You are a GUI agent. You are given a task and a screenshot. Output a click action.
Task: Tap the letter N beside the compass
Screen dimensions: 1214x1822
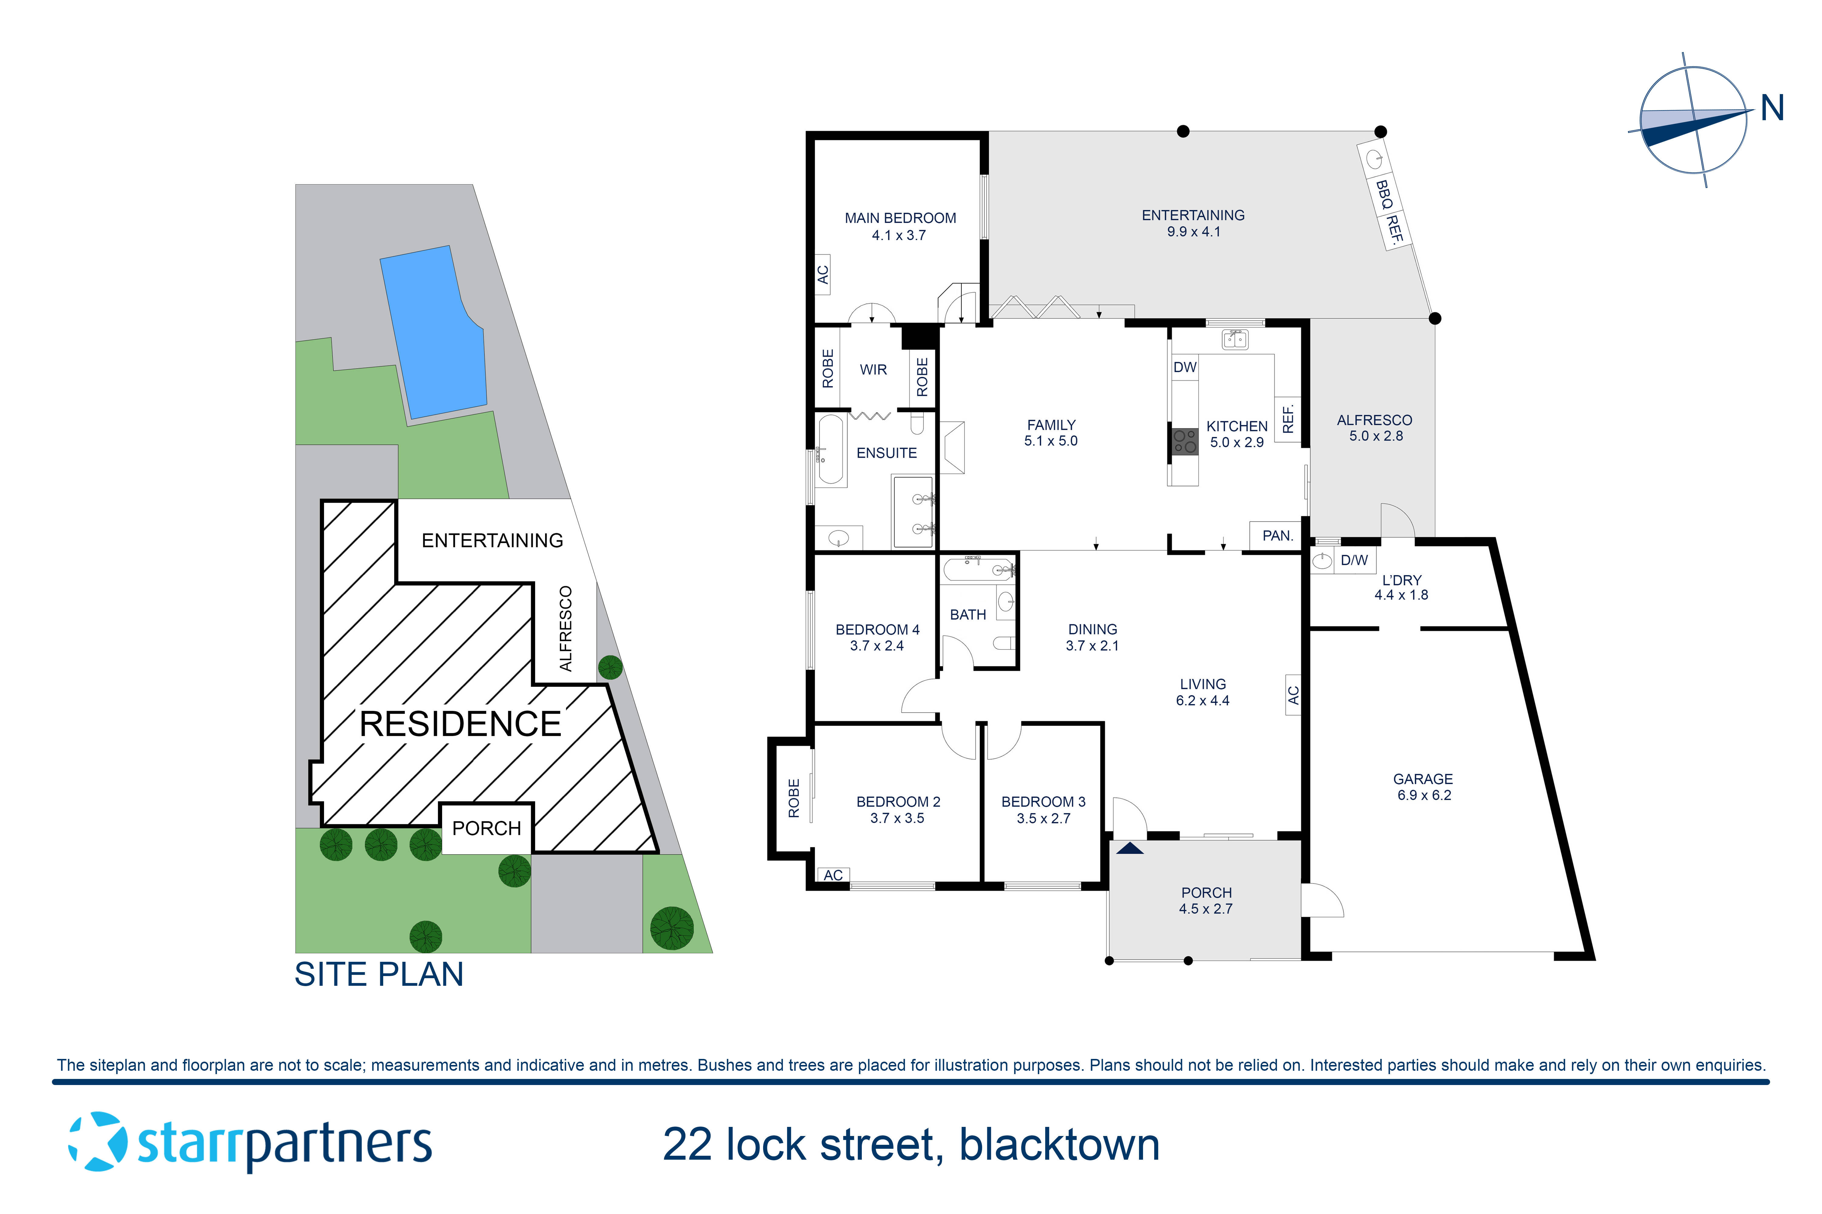[1772, 108]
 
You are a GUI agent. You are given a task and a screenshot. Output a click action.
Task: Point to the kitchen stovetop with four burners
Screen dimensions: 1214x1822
[1185, 441]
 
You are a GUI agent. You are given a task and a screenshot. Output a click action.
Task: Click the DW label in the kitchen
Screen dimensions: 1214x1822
[1185, 367]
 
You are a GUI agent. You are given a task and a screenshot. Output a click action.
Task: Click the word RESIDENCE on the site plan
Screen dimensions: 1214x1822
[460, 724]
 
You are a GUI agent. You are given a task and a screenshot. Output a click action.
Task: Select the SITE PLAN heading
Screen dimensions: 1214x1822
[379, 974]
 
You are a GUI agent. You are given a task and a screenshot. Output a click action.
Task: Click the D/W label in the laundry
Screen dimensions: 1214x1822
[1354, 560]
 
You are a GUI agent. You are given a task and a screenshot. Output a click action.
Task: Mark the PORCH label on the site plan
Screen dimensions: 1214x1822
[486, 829]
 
